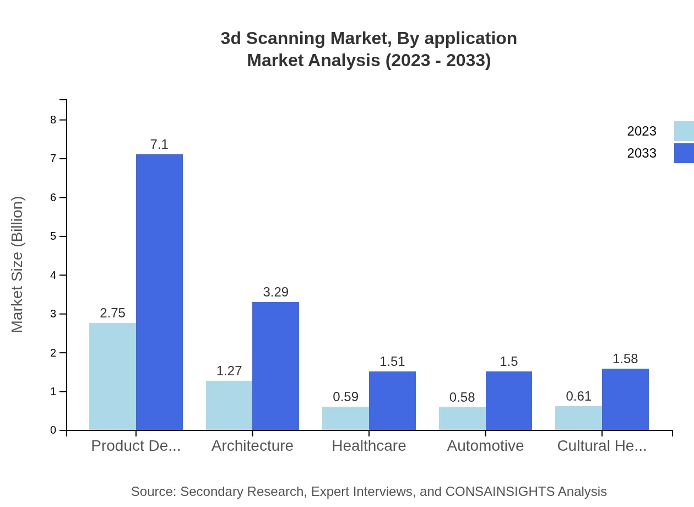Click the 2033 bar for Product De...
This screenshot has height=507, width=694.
[x=159, y=292]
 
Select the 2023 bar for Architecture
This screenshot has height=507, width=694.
[x=229, y=405]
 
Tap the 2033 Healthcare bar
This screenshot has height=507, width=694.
[x=392, y=401]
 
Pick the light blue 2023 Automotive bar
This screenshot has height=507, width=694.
[x=462, y=418]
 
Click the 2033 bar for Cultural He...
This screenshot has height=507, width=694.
[x=625, y=399]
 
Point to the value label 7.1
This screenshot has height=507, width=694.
[x=159, y=144]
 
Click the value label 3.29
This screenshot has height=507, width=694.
[x=275, y=292]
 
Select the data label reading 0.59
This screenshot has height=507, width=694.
[x=345, y=397]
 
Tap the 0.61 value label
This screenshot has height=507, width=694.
[x=578, y=396]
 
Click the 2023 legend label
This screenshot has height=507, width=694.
[x=642, y=131]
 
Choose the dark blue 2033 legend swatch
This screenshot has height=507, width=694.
[x=684, y=153]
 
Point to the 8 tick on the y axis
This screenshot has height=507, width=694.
[x=53, y=120]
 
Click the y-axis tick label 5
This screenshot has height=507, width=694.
[x=53, y=236]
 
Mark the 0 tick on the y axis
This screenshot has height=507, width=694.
[x=53, y=430]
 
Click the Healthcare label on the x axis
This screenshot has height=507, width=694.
[x=368, y=446]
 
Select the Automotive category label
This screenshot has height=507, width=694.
[x=485, y=446]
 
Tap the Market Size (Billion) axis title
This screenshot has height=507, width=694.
[x=18, y=265]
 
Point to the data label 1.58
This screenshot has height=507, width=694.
[x=625, y=359]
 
